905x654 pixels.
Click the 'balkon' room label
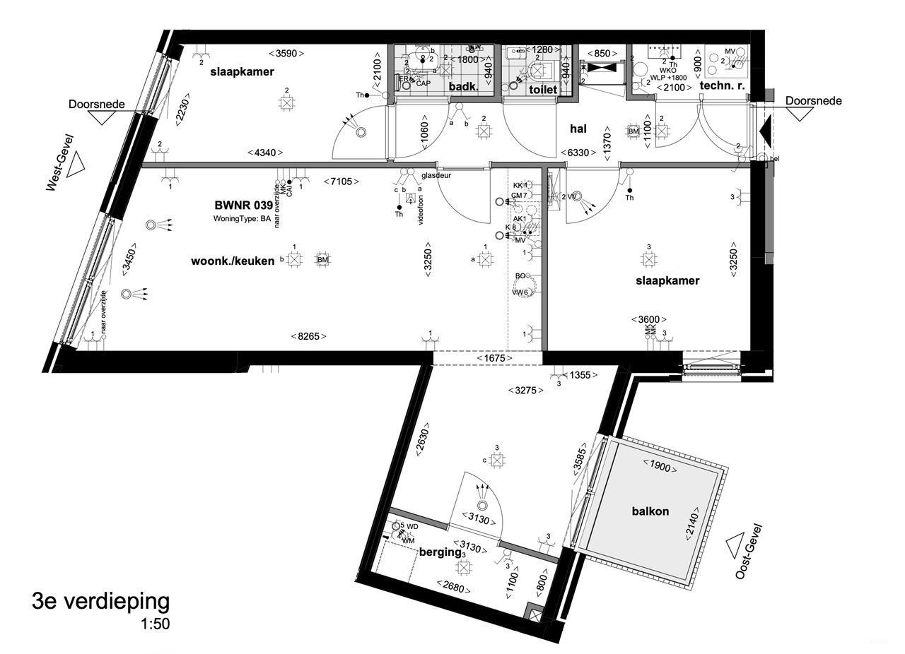[651, 511]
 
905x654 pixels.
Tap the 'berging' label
[440, 552]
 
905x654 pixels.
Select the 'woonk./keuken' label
[233, 261]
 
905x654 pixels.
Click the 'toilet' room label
[542, 90]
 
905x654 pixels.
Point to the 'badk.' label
[464, 88]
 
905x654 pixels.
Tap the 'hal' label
[580, 129]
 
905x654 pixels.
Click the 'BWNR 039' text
[243, 206]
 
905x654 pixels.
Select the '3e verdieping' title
[100, 602]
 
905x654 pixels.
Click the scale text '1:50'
[155, 624]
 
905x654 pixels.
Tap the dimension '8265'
[309, 337]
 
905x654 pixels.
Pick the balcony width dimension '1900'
[659, 465]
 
